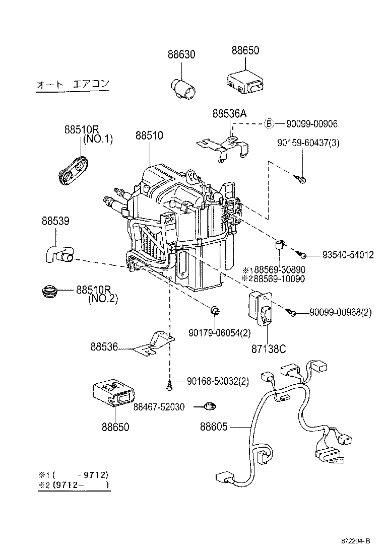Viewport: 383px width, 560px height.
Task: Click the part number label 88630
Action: pos(181,54)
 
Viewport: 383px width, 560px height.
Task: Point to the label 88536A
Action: pos(229,114)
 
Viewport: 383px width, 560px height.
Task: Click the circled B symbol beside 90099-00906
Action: pos(269,123)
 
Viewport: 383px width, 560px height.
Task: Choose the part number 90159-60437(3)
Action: pos(308,143)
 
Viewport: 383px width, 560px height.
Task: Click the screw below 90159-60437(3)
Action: pos(301,178)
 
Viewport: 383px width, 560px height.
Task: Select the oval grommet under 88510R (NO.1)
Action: pos(72,170)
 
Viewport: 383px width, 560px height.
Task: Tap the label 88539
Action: pos(55,221)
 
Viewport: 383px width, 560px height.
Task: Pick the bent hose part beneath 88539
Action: pos(56,253)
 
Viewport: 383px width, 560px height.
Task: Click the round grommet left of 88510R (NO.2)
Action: pos(49,292)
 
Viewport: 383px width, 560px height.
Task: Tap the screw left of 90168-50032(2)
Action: pos(170,386)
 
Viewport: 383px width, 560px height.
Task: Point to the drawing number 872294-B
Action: pos(354,541)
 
